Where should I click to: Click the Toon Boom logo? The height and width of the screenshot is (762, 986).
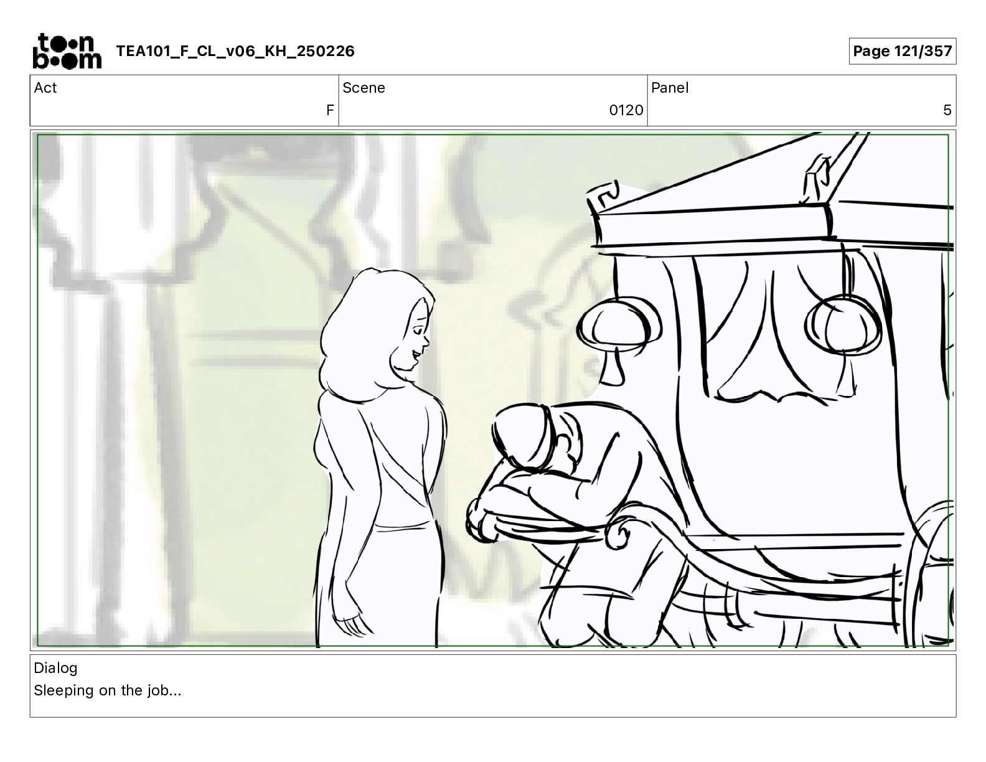click(x=67, y=51)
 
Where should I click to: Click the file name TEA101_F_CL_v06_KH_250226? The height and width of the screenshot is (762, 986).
click(x=235, y=51)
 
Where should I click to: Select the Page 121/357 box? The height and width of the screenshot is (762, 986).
click(x=902, y=51)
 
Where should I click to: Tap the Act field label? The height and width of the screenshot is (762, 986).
click(x=45, y=88)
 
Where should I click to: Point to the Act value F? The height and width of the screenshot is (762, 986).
click(x=330, y=110)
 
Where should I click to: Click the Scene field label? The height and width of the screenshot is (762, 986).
click(x=364, y=88)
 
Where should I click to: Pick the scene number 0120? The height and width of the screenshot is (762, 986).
click(x=626, y=110)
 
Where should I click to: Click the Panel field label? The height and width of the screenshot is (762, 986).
click(x=669, y=88)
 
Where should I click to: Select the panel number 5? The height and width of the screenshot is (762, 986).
click(x=947, y=110)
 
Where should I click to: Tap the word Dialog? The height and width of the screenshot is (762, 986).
click(x=55, y=668)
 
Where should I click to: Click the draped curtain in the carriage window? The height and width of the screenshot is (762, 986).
click(x=771, y=331)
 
